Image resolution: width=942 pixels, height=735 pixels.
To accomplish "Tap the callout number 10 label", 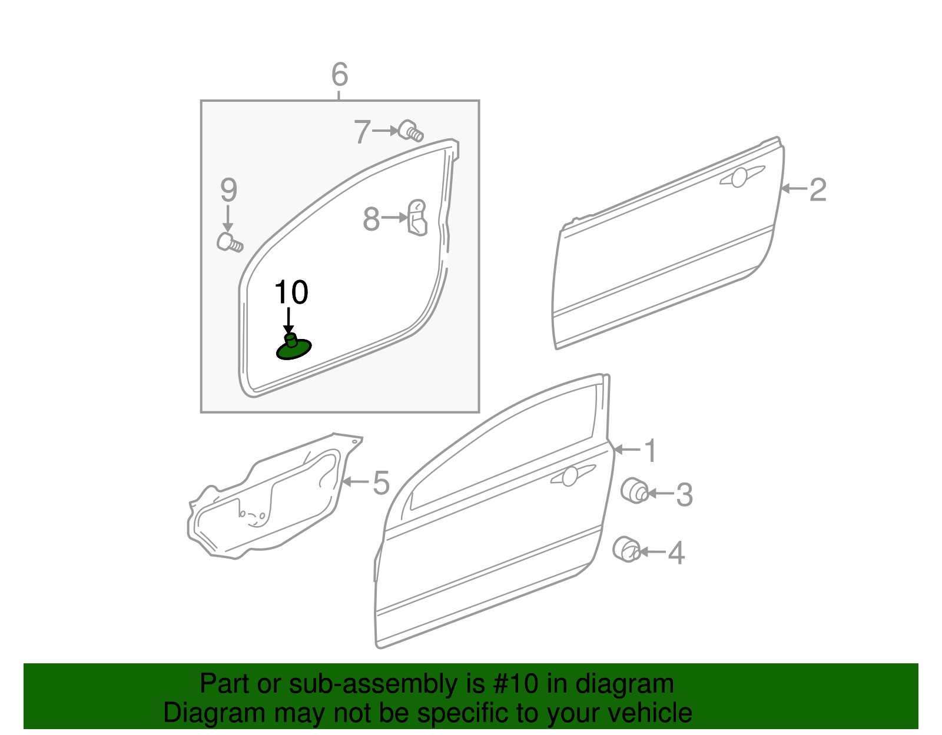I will click(291, 292).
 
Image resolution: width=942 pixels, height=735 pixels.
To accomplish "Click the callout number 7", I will click(362, 132).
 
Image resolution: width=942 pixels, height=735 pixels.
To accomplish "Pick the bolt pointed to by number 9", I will click(229, 242).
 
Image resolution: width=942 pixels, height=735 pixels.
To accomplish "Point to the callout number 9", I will click(228, 190).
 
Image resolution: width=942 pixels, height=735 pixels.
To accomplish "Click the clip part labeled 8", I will click(417, 218).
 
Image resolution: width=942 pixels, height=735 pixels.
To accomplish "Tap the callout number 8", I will click(371, 219).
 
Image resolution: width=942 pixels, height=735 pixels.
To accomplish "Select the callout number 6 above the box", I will click(340, 75).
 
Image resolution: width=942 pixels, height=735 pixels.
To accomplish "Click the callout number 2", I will click(818, 189).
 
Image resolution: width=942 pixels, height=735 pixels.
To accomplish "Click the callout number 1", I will click(650, 451).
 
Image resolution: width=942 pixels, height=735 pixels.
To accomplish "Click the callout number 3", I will click(684, 494).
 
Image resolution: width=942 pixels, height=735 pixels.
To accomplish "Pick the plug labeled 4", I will click(626, 550).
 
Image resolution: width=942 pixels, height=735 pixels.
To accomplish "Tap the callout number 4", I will click(676, 553).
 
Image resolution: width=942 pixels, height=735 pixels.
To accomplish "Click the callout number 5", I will click(382, 483).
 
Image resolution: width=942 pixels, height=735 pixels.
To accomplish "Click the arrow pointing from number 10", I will click(288, 321).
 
